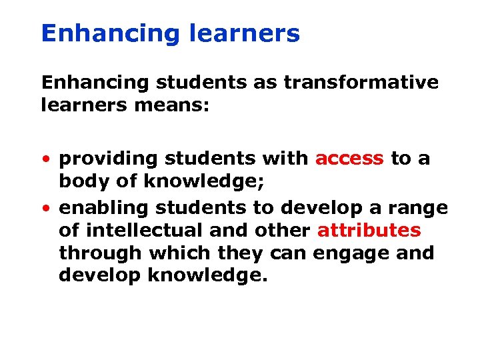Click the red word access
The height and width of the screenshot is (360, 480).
point(349,159)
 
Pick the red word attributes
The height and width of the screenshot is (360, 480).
point(369,231)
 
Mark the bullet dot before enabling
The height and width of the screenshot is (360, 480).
point(45,209)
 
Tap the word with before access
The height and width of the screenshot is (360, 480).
point(285,159)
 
